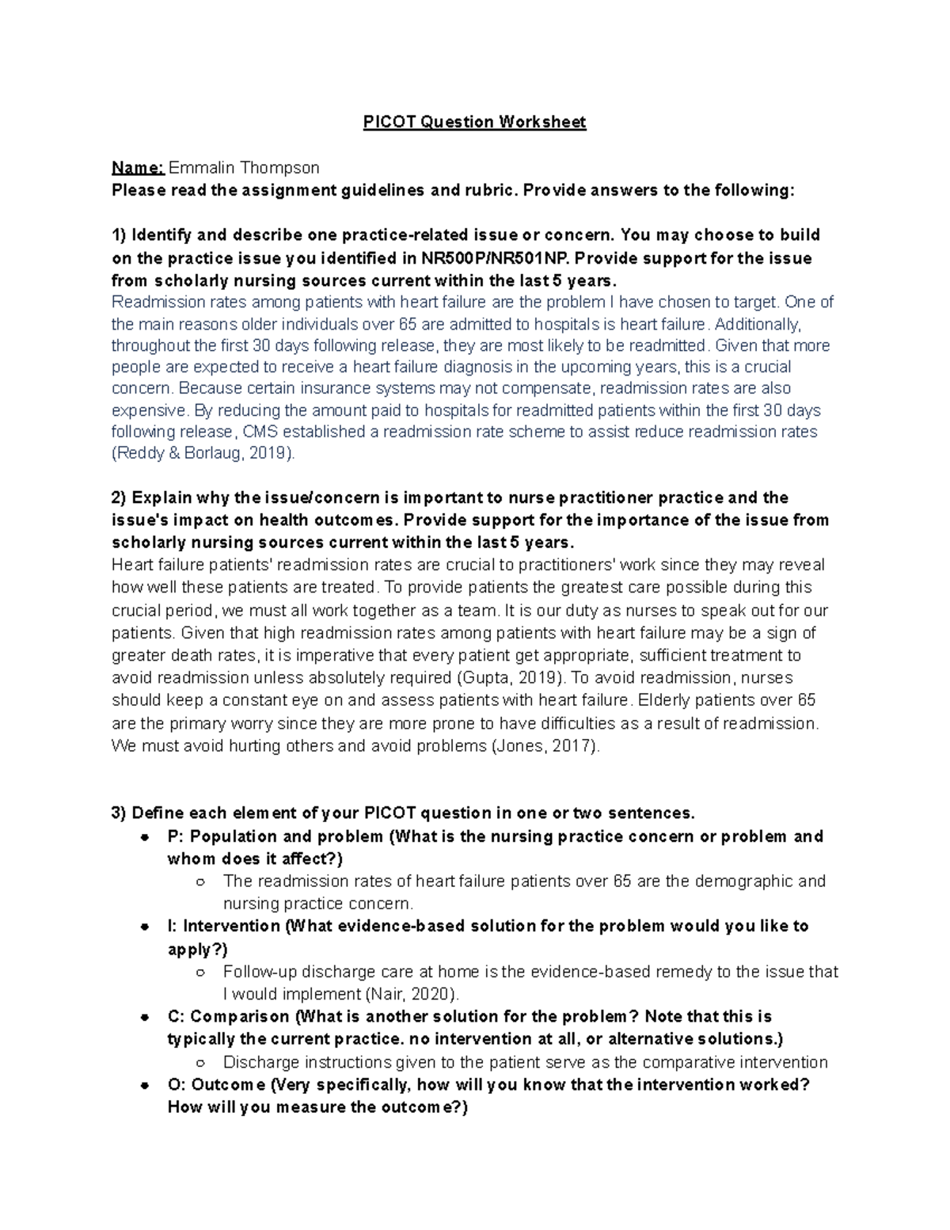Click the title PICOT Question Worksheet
(x=474, y=122)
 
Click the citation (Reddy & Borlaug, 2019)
(x=203, y=454)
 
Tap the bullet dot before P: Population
(x=145, y=837)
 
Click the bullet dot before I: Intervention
(x=145, y=927)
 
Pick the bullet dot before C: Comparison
(x=145, y=1017)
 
